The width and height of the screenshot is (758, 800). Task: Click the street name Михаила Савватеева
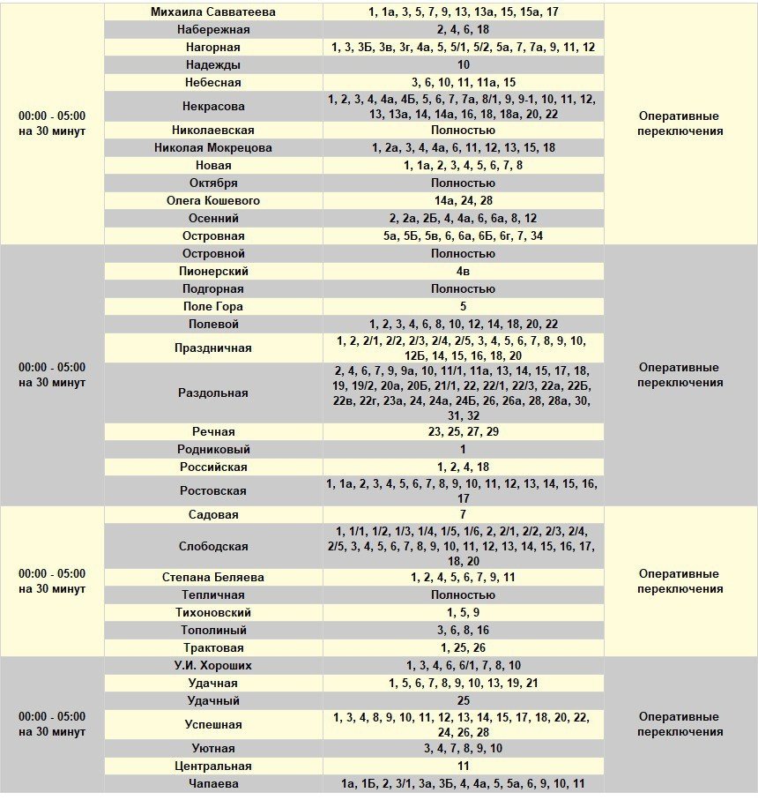(213, 12)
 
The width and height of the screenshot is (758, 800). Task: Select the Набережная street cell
(213, 29)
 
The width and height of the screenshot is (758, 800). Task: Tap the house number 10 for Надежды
(464, 65)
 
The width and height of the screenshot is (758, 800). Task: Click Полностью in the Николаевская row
(464, 131)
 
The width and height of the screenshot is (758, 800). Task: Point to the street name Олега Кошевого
(213, 201)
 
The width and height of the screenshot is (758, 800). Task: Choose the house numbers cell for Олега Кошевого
(464, 201)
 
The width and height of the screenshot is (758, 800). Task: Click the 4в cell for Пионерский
(464, 272)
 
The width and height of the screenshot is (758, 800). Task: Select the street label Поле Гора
(213, 307)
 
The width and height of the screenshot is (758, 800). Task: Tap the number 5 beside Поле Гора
(464, 307)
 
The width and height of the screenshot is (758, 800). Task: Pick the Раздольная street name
(213, 393)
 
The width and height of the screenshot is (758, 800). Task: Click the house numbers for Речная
(464, 432)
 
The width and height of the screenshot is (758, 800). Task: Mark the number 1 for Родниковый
(464, 450)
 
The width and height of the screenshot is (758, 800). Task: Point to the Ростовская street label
(213, 491)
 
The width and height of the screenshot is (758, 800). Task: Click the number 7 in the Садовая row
(464, 515)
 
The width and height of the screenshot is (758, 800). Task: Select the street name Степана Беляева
(213, 578)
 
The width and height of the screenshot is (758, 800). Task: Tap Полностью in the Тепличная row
(464, 595)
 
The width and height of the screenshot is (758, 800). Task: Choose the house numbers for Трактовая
(464, 648)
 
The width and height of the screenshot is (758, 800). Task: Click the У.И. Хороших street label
(213, 666)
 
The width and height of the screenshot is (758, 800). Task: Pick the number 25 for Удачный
(464, 701)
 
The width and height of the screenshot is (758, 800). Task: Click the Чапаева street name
(213, 784)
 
